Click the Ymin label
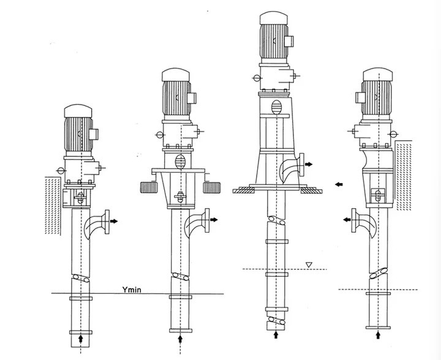[132, 290]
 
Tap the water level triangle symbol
[309, 264]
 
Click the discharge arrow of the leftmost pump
[114, 221]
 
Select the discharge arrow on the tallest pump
[309, 164]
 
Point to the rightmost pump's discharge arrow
[347, 219]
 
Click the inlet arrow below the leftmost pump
[81, 338]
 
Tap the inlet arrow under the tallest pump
[276, 334]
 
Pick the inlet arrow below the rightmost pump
[379, 335]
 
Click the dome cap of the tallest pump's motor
[274, 18]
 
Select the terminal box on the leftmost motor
[94, 134]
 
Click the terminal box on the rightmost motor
[360, 97]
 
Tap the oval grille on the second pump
[180, 161]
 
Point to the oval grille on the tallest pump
[276, 107]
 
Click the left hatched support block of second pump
[148, 187]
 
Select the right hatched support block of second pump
[212, 187]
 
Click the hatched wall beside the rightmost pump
[404, 175]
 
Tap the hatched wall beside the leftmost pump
[53, 206]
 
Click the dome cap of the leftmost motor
[78, 111]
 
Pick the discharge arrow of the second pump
[214, 219]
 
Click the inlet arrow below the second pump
[180, 339]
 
